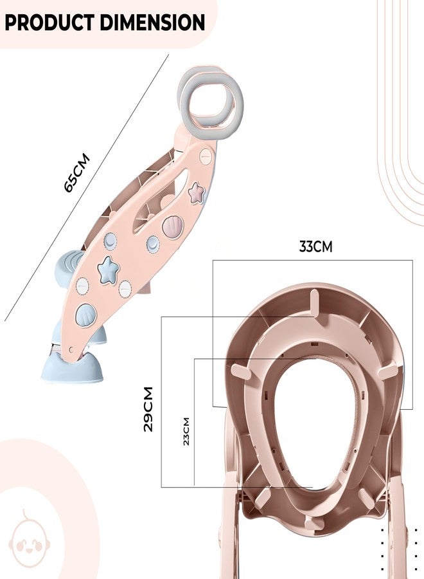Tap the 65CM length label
[77, 173]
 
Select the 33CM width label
[315, 246]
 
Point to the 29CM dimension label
[148, 409]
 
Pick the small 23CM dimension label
[186, 431]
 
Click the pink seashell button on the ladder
[173, 226]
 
